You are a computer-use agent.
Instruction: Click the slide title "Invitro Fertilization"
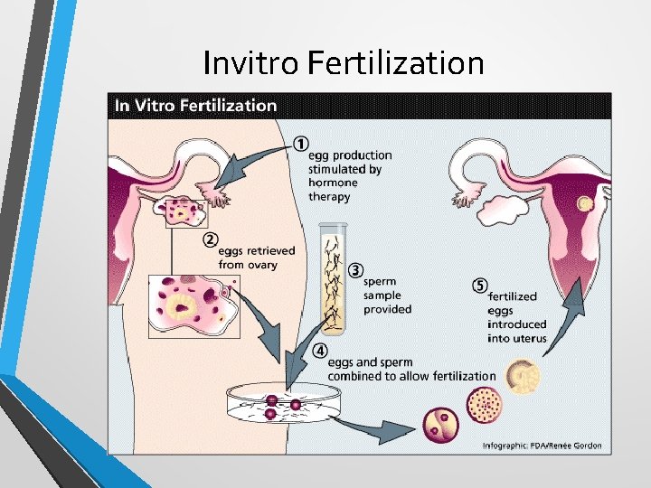tap(344, 63)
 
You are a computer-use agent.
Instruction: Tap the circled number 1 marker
tap(300, 145)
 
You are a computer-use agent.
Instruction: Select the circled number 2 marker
tap(210, 239)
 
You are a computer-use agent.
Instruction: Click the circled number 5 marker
tap(480, 286)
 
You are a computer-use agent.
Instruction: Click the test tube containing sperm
tap(334, 277)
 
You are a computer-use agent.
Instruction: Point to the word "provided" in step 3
tap(387, 309)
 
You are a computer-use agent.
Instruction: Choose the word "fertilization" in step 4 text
tap(460, 376)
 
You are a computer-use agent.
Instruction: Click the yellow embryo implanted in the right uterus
tap(585, 205)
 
